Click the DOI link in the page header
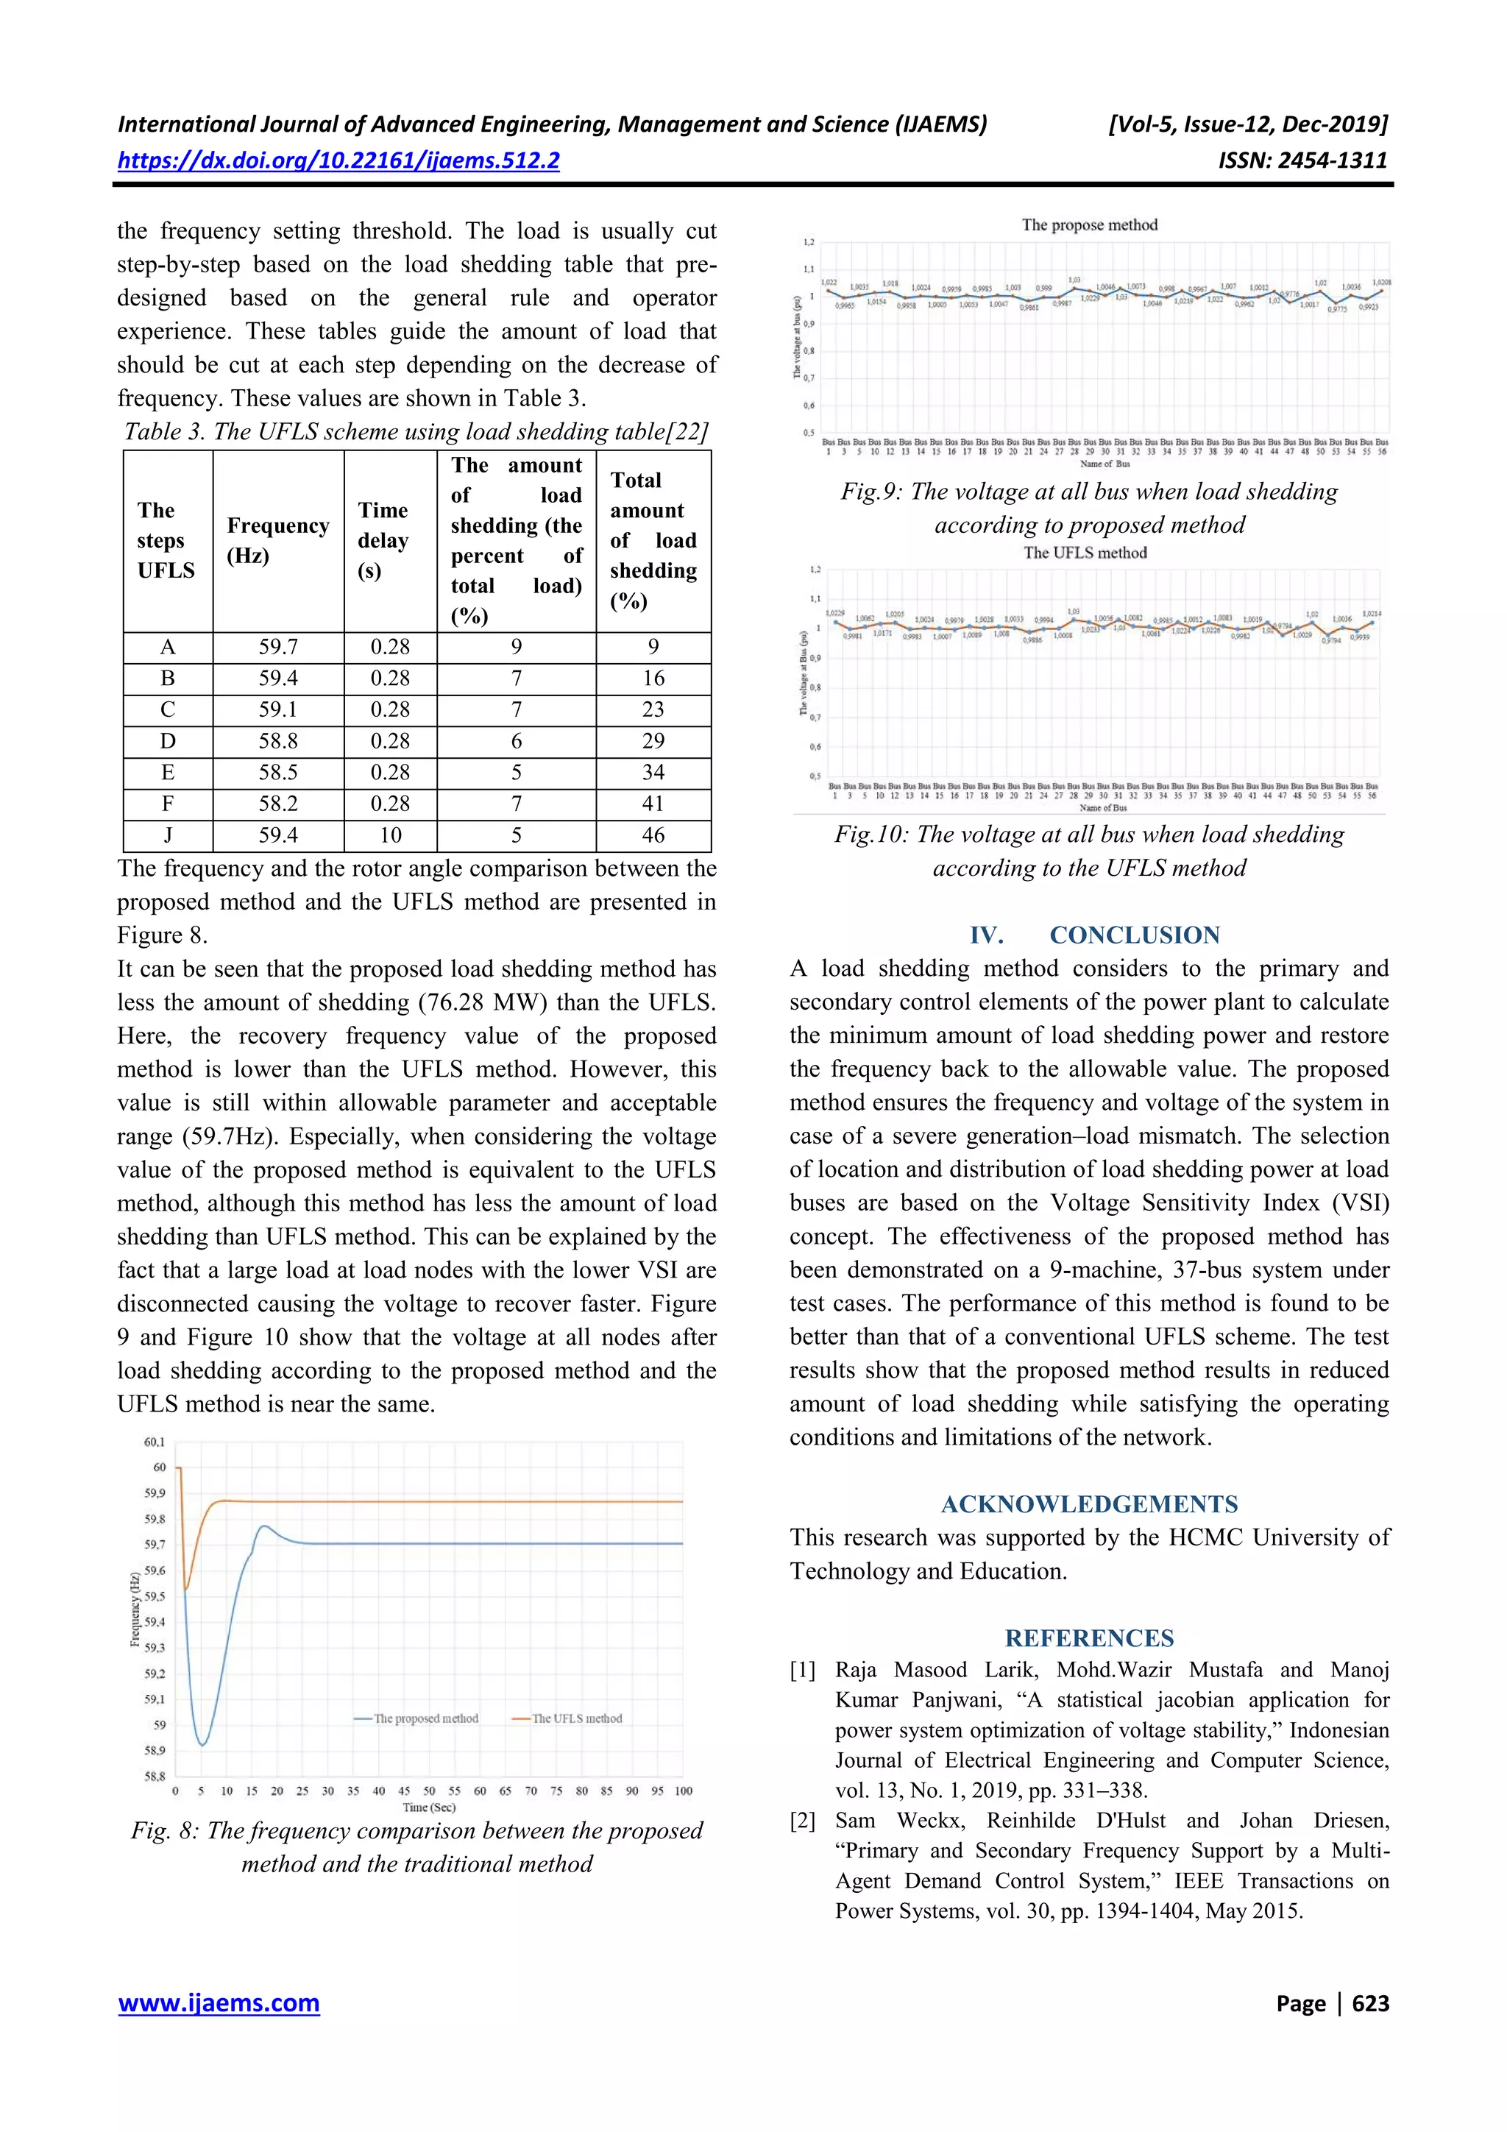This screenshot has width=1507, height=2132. (338, 160)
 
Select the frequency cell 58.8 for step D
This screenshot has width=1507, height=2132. (277, 741)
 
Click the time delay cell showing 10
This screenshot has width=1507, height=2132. (390, 835)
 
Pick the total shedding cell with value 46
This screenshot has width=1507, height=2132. (653, 835)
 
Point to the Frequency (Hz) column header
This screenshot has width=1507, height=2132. (277, 540)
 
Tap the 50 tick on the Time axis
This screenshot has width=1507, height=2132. (429, 1791)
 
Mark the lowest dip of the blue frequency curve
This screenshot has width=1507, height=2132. (202, 1745)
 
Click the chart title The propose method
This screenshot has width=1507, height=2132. (1089, 224)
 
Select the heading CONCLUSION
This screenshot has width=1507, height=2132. (1134, 935)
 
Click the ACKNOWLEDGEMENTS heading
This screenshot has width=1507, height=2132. (1089, 1504)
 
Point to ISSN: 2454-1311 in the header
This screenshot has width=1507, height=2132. (1302, 160)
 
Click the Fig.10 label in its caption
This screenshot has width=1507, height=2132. (870, 834)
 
